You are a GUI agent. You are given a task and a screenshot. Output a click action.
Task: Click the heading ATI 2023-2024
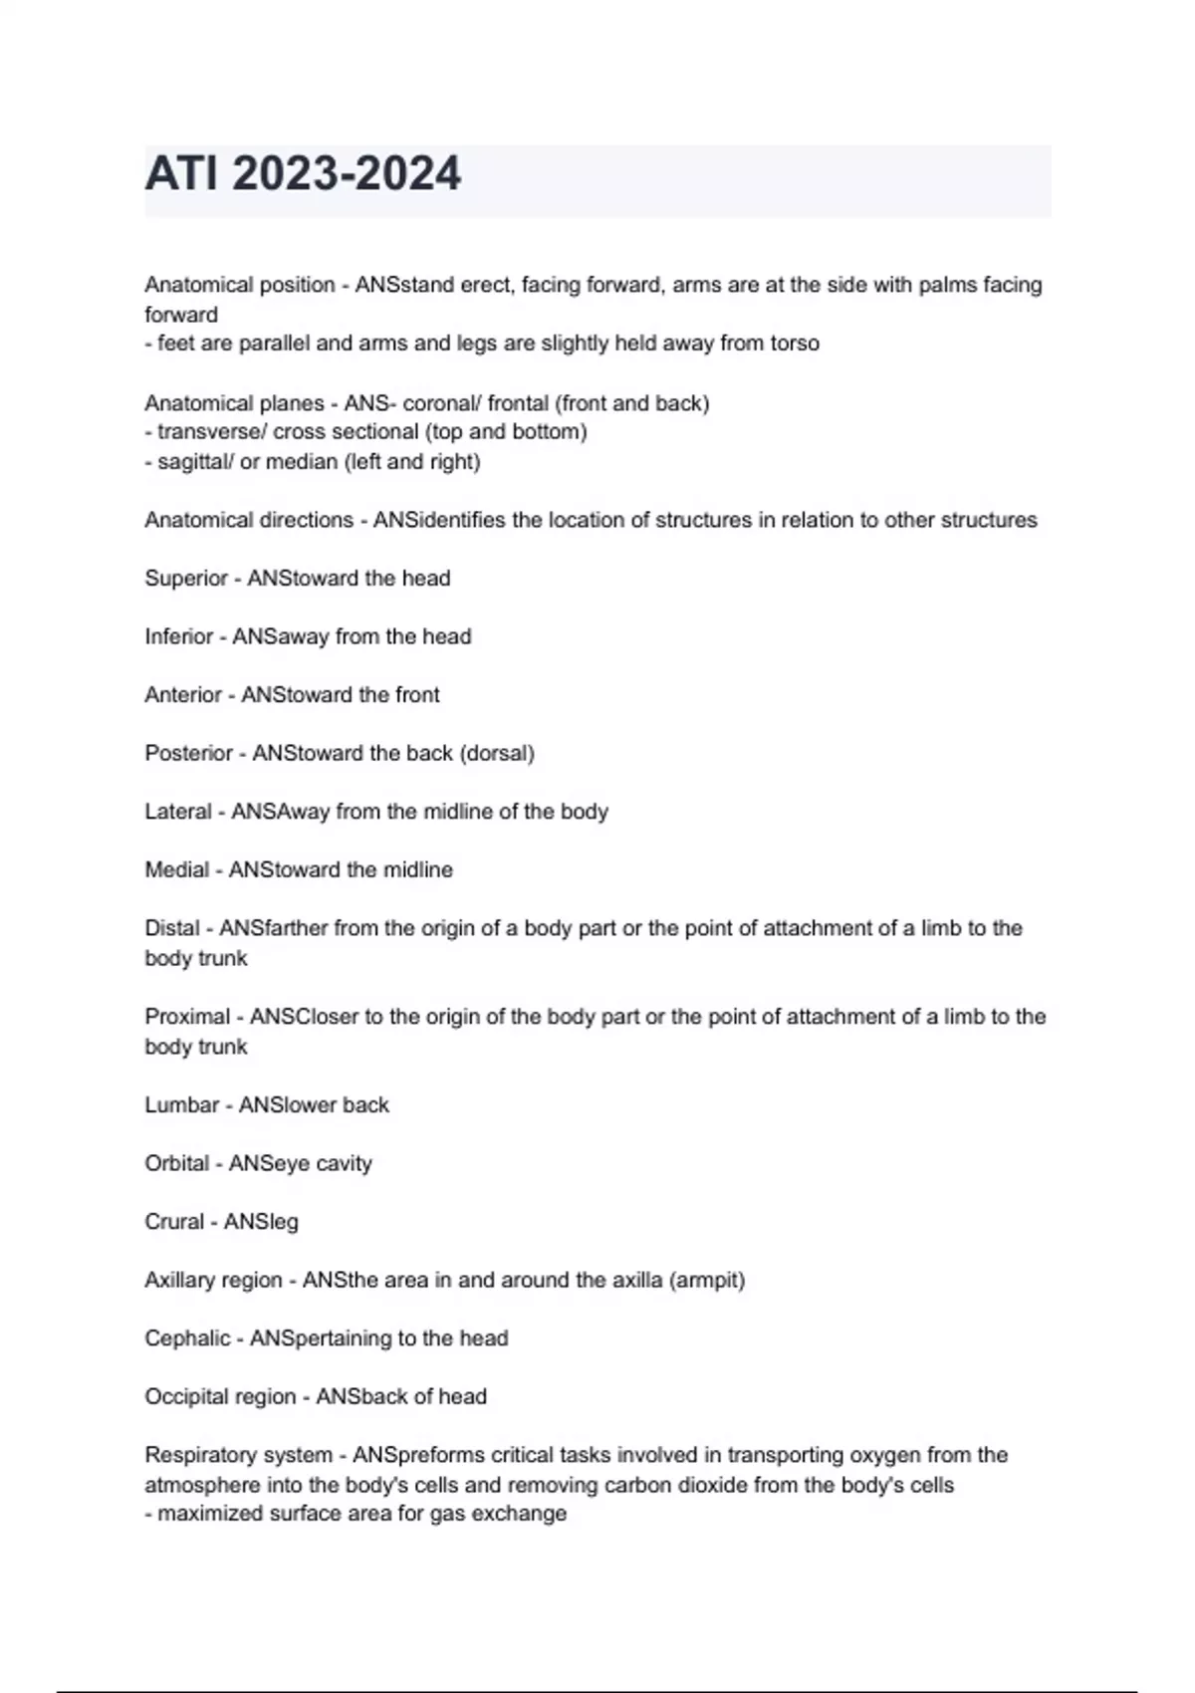303,174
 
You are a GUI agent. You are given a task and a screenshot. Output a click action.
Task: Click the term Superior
185,579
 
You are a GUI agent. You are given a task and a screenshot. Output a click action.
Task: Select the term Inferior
178,636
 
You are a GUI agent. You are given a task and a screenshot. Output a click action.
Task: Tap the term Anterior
183,695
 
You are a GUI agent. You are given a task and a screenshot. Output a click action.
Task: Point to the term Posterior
188,754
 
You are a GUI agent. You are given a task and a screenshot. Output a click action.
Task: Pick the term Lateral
178,812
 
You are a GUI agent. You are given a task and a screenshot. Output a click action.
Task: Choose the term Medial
176,870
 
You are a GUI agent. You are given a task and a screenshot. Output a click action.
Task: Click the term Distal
172,928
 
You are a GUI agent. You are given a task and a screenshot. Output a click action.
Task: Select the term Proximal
187,1017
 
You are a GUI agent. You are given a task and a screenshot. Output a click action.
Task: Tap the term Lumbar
181,1105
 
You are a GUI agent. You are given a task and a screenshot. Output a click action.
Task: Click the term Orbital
176,1163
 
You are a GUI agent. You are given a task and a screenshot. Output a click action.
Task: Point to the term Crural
173,1222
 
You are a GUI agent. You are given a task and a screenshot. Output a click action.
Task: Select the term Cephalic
187,1338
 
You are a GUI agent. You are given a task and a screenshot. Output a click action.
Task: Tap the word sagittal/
195,462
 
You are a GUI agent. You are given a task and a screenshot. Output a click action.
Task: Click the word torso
795,344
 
